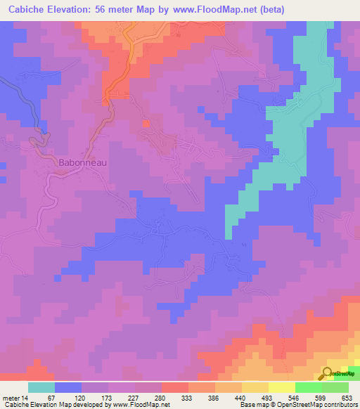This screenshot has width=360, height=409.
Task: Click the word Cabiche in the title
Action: coord(27,10)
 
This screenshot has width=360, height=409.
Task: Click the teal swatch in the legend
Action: coord(41,387)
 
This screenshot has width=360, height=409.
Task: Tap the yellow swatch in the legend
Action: coord(282,387)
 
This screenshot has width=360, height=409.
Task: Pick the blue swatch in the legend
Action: coord(68,387)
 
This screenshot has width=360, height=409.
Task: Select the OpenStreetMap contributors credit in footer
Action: coord(310,405)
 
